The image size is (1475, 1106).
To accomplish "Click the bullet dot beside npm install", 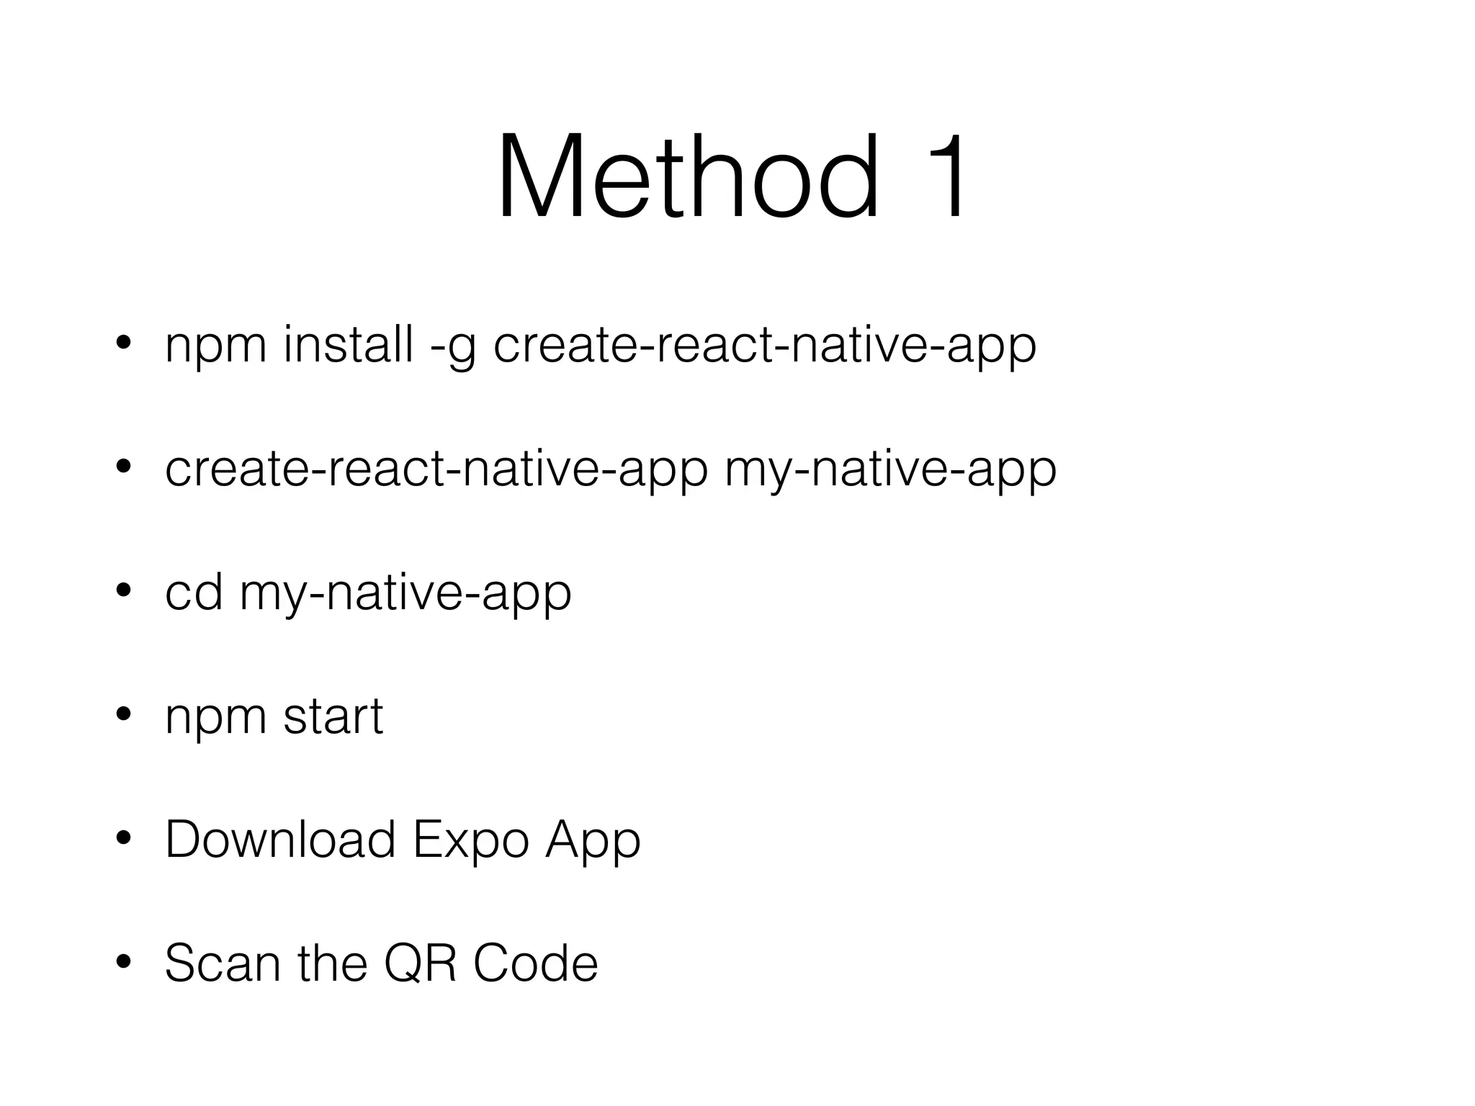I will [123, 344].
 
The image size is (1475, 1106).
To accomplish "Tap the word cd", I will [193, 592].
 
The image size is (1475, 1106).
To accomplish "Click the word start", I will [333, 717].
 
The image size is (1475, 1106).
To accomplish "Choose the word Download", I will [280, 840].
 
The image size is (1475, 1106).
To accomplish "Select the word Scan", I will [223, 963].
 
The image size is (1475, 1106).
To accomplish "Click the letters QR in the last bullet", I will [421, 963].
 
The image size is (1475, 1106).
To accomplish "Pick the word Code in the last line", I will [535, 963].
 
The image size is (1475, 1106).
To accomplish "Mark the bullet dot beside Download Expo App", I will [123, 838].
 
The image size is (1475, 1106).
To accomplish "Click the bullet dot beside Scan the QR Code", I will [123, 962].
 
